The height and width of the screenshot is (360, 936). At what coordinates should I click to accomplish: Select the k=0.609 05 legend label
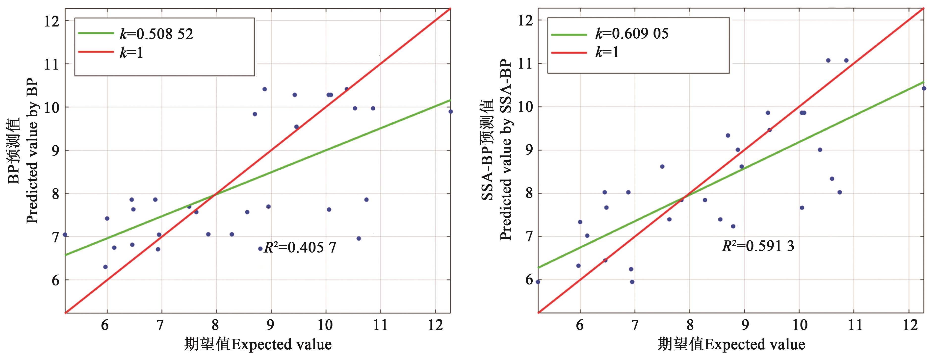coord(631,33)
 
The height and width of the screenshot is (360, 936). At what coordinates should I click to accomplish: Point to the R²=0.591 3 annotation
coord(758,246)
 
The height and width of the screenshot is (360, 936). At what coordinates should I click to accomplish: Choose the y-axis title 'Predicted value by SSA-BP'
coord(505,149)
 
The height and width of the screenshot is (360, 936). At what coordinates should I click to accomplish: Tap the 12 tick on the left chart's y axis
coord(51,21)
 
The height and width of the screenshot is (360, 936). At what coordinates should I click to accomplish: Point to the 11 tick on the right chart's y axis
coord(525,64)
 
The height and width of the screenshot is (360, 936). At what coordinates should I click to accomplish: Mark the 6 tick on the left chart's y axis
coord(55,281)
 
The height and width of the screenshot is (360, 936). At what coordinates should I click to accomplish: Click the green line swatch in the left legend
coord(96,33)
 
